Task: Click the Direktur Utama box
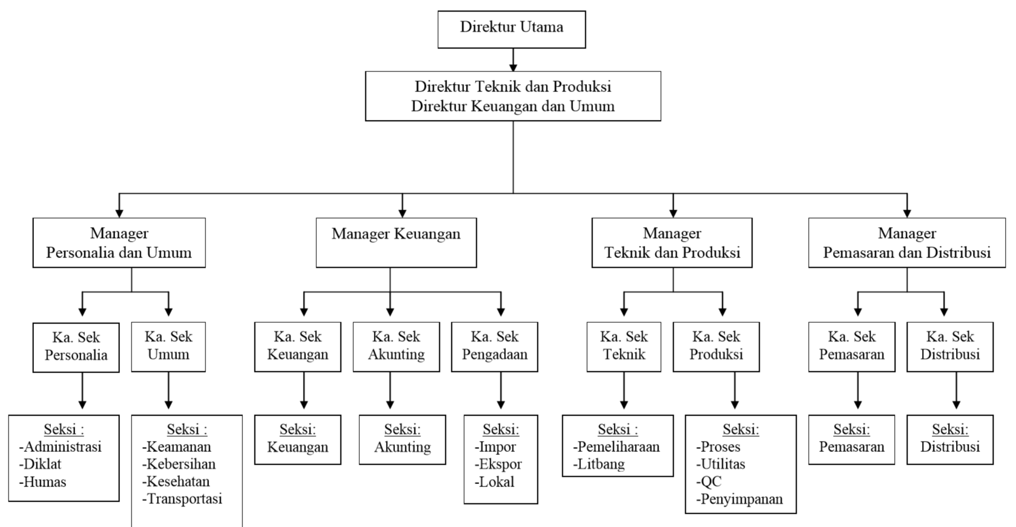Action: click(511, 29)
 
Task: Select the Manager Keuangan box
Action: click(396, 242)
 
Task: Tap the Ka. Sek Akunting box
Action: click(396, 346)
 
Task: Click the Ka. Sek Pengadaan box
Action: click(494, 346)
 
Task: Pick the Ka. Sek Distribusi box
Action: click(949, 346)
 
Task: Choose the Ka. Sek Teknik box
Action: click(623, 346)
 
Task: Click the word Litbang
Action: click(602, 465)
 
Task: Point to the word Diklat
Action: click(42, 465)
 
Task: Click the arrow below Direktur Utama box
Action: click(513, 61)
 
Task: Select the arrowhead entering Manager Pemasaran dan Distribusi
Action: click(907, 212)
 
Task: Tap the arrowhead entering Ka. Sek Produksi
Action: click(722, 311)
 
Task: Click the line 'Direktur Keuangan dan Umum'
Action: click(513, 107)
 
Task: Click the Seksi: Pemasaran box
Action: click(851, 439)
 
